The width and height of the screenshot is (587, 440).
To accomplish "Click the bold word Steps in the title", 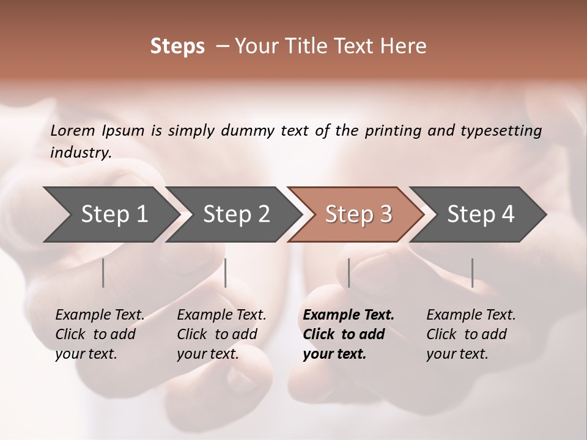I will (177, 46).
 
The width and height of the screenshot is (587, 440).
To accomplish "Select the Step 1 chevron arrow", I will (110, 215).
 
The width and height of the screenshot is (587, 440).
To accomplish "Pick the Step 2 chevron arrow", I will (232, 215).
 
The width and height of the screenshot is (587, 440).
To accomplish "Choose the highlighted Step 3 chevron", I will (355, 215).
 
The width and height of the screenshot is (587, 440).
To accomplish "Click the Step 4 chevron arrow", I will (477, 215).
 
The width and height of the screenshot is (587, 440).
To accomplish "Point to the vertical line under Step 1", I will (103, 273).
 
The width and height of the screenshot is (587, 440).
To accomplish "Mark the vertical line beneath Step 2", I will (226, 273).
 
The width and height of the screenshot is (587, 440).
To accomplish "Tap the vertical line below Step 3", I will (349, 273).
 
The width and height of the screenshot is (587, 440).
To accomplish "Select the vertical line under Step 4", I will (472, 273).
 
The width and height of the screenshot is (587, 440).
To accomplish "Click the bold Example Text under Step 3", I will (349, 315).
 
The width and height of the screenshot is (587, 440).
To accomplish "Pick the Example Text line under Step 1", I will (100, 315).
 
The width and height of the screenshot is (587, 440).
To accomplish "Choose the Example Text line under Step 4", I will (471, 315).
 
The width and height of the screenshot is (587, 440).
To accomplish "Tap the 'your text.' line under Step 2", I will (207, 354).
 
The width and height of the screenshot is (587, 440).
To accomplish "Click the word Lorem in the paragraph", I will (73, 130).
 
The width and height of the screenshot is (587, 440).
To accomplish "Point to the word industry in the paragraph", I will (81, 152).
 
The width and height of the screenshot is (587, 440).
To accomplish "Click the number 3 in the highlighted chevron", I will (385, 215).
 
